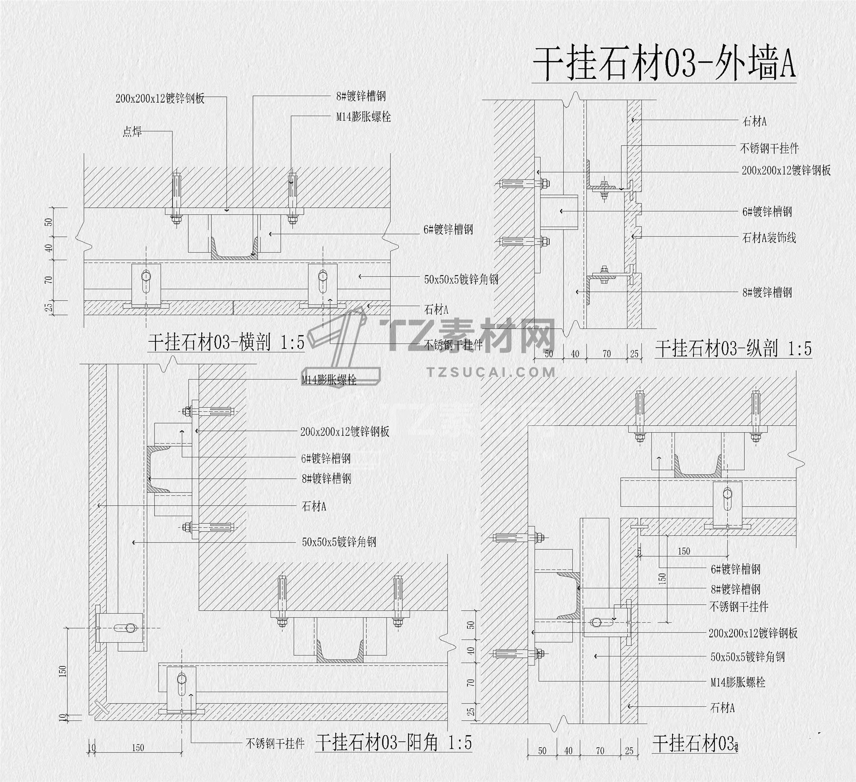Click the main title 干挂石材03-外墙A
click(x=663, y=64)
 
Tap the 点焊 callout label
click(x=132, y=132)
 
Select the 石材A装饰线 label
click(x=769, y=238)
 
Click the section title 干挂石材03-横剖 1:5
click(x=226, y=342)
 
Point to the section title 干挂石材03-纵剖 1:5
click(x=733, y=349)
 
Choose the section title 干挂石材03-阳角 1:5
click(x=394, y=742)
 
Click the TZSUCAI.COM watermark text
click(x=491, y=372)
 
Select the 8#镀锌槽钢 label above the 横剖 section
click(x=361, y=96)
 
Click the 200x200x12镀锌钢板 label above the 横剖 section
click(x=160, y=98)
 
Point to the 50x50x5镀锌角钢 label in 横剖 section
click(x=461, y=280)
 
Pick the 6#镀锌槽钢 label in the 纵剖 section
click(x=767, y=212)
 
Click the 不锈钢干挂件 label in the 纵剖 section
click(x=769, y=149)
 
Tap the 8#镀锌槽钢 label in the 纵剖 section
click(x=767, y=293)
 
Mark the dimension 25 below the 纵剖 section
click(x=634, y=354)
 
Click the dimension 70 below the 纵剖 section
click(x=606, y=354)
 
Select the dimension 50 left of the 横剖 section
click(x=49, y=222)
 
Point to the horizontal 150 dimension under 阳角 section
click(x=138, y=748)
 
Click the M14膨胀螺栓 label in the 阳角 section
click(x=329, y=379)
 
